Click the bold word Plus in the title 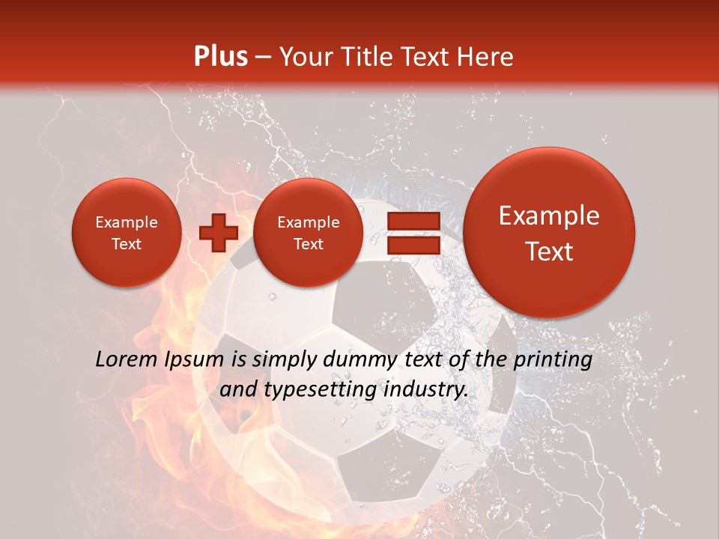click(220, 57)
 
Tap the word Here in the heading click(487, 57)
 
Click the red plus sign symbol click(218, 232)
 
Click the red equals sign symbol click(413, 232)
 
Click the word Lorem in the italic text click(127, 360)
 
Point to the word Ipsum click(195, 360)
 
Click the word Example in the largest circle click(549, 216)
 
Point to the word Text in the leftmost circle click(126, 244)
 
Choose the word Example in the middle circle click(308, 222)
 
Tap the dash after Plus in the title click(263, 57)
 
